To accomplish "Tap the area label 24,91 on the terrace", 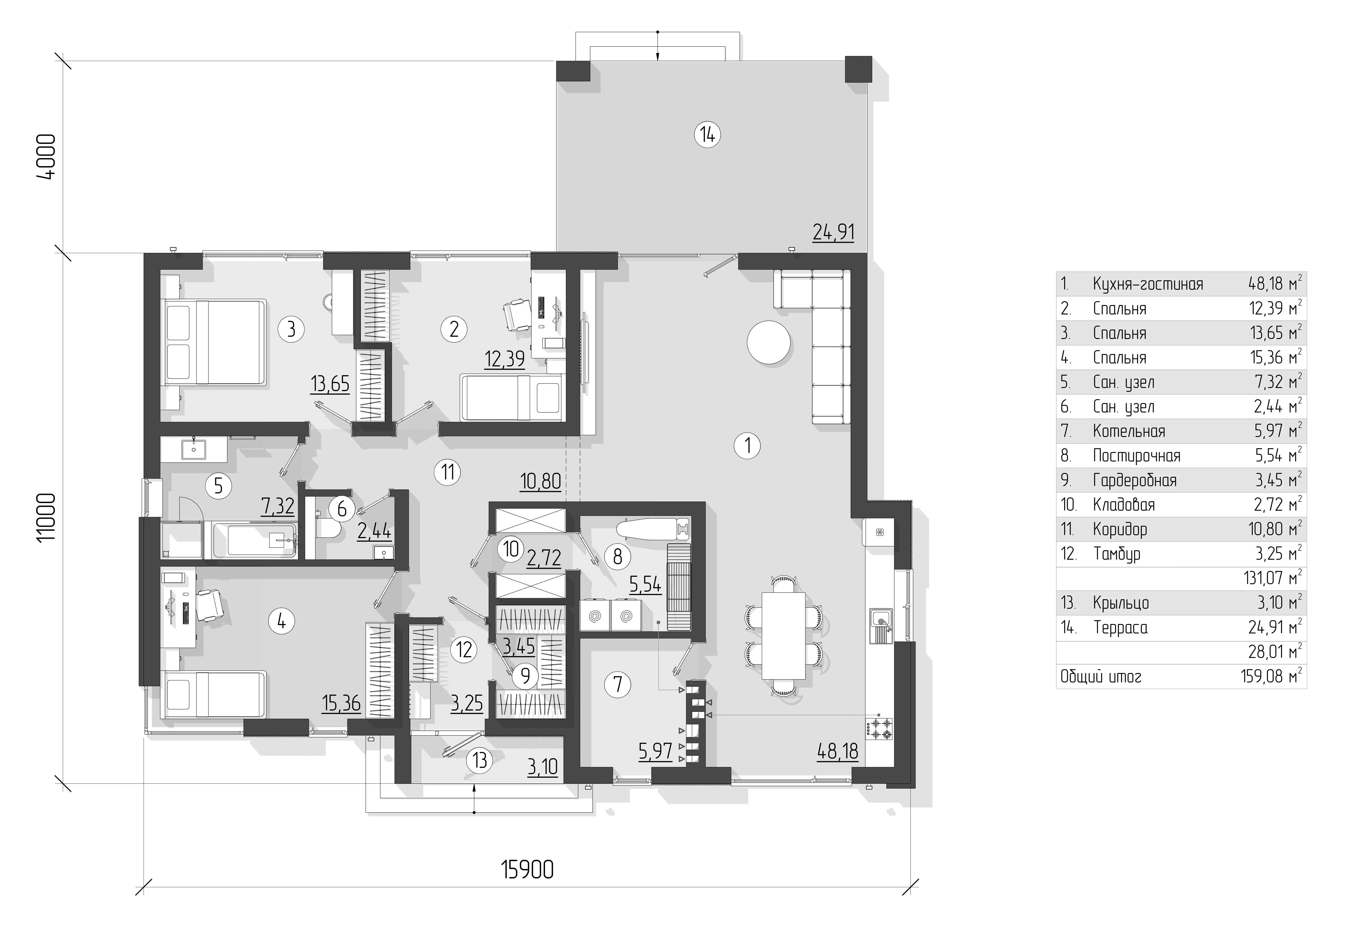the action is tap(833, 232).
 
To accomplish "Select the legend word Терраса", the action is tap(1120, 628).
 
